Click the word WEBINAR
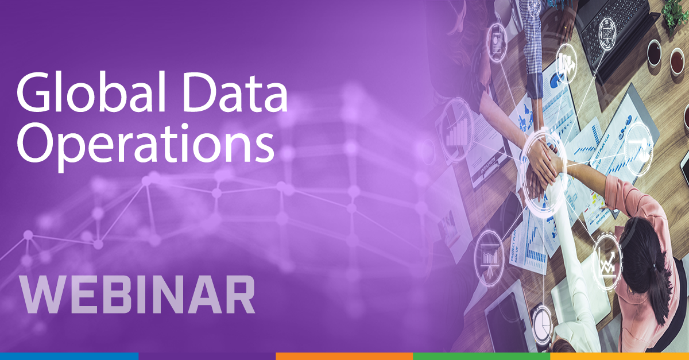click(x=137, y=296)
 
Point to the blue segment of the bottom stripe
click(x=69, y=356)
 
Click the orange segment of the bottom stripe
click(x=344, y=356)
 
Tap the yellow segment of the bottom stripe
click(x=620, y=356)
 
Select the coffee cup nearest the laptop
click(x=654, y=52)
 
